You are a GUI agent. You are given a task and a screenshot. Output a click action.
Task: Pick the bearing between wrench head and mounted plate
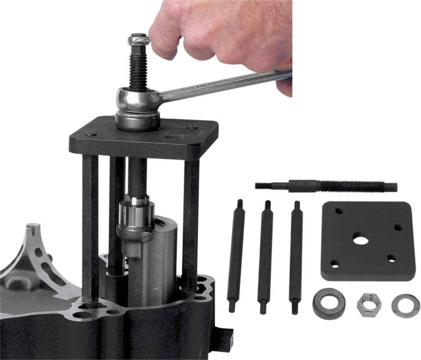[137, 120]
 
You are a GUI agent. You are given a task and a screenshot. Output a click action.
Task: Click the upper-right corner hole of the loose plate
[398, 227]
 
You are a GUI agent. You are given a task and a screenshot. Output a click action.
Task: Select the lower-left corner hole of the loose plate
[335, 263]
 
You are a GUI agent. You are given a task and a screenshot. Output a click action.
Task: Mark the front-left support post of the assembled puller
[90, 228]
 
